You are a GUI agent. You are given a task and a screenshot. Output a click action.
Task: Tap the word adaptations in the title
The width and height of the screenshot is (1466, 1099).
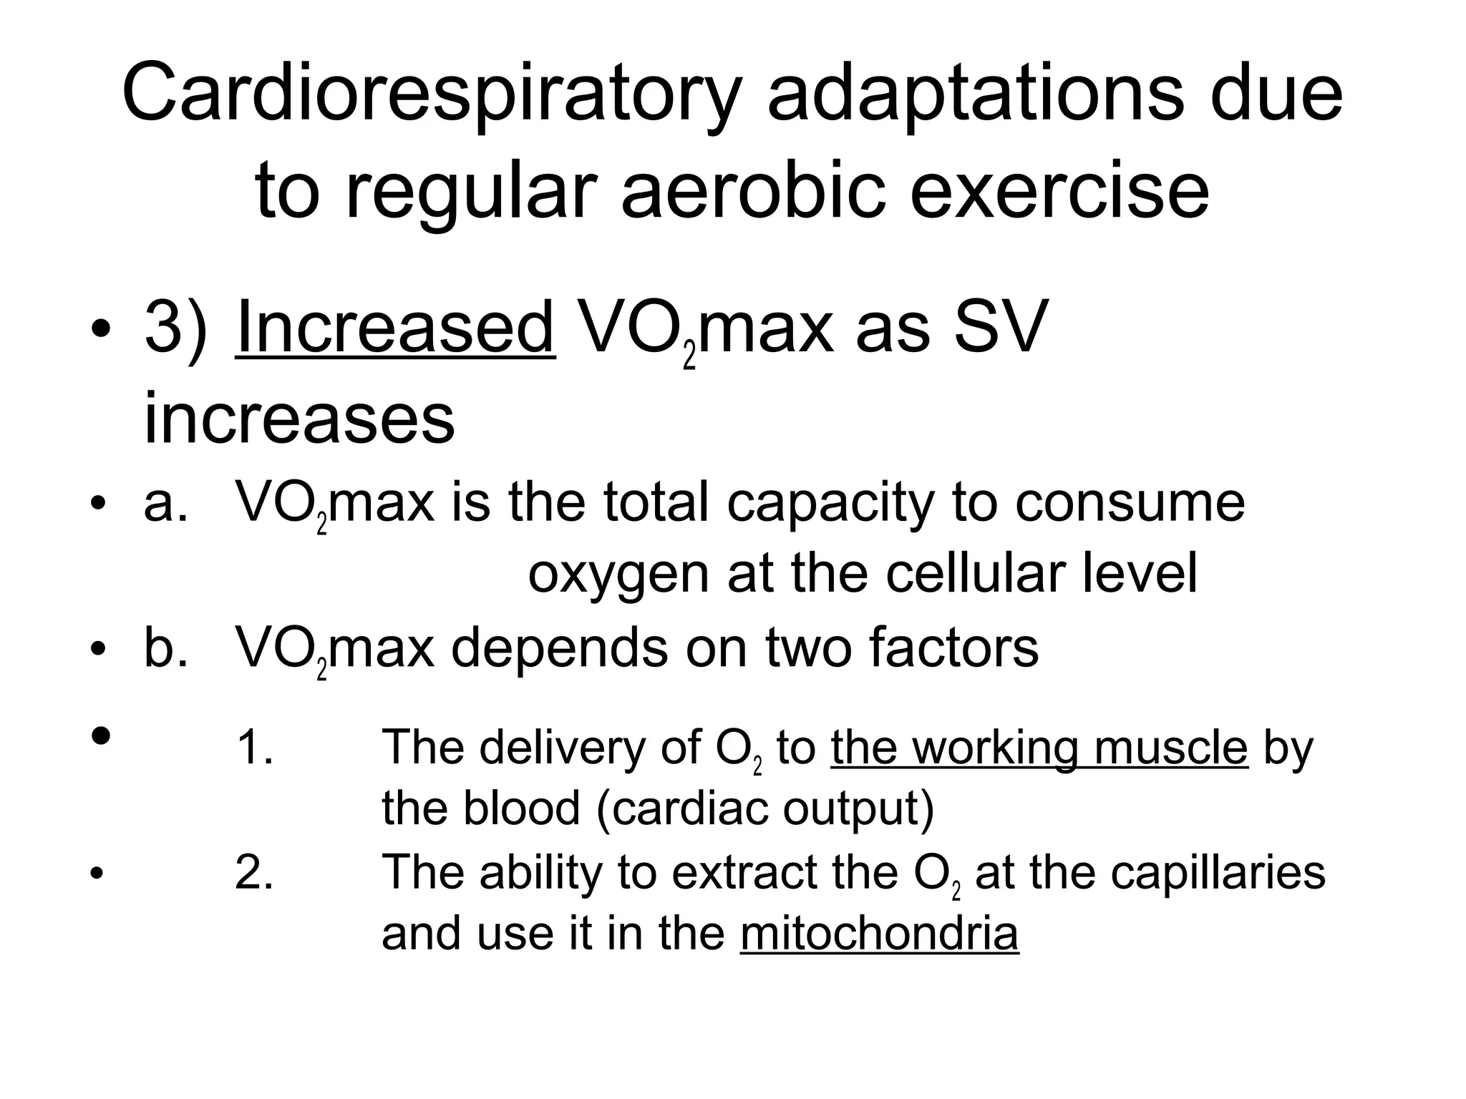point(976,94)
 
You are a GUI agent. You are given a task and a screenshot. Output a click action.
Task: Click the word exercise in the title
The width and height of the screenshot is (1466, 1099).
point(1059,190)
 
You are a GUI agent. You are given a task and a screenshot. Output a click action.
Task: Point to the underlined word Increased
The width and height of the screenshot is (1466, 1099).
point(395,328)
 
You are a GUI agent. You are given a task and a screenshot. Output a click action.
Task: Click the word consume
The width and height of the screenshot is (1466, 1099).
point(1130,502)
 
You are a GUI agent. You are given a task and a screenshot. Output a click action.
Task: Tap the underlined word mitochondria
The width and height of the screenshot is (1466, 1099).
point(879,933)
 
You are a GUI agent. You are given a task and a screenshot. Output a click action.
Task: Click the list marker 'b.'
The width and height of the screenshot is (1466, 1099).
point(165,648)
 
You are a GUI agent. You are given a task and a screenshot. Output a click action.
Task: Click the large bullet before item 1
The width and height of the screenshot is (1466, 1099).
point(101,735)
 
